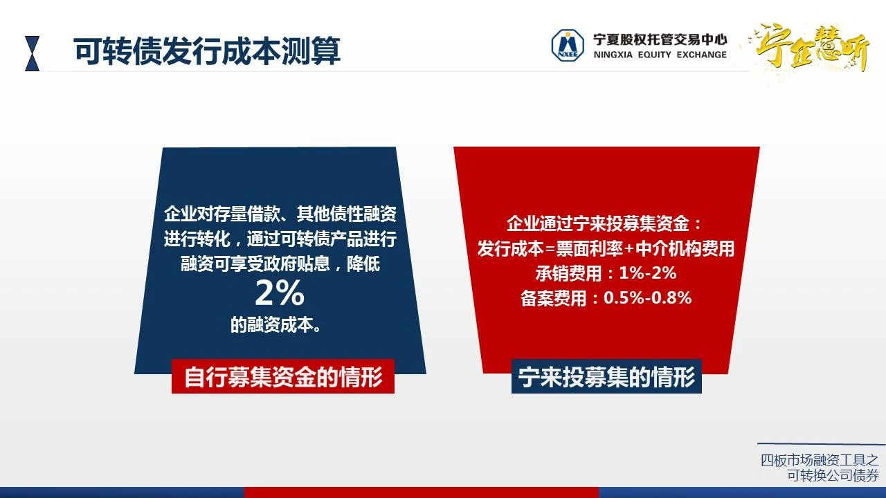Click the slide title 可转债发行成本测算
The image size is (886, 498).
click(x=207, y=51)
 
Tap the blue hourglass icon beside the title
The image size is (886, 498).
click(x=32, y=53)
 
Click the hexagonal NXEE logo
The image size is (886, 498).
click(x=568, y=46)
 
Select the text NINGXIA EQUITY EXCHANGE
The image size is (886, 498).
click(x=660, y=55)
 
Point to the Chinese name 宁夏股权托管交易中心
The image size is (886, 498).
click(x=660, y=39)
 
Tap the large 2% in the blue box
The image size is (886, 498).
click(x=280, y=293)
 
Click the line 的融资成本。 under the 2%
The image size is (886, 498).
click(x=275, y=325)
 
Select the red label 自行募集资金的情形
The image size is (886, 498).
click(x=283, y=376)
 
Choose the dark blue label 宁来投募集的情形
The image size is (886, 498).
click(x=606, y=376)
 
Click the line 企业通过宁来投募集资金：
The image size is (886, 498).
click(x=604, y=223)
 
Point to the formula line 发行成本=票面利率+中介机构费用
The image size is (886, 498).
click(x=606, y=248)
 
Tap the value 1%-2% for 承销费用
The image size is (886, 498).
click(x=647, y=273)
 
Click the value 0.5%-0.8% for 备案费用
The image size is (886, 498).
click(x=647, y=297)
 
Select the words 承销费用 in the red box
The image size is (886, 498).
click(x=568, y=273)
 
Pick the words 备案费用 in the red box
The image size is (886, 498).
click(x=553, y=298)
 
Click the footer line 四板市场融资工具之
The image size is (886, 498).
click(x=820, y=460)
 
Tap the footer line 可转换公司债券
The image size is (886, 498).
click(x=833, y=475)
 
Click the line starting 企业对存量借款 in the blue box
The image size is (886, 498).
click(x=280, y=214)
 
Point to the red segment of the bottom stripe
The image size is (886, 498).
click(x=422, y=492)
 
